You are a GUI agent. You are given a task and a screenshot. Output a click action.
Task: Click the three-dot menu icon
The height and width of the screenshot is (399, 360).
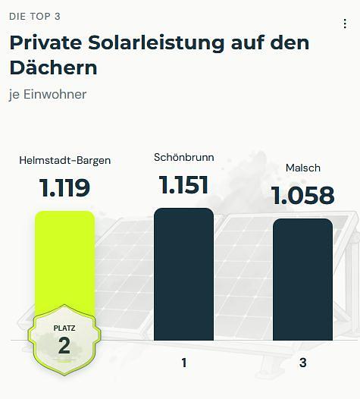pos(345,24)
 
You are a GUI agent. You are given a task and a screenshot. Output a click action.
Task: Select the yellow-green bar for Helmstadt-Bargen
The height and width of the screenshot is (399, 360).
pos(65,262)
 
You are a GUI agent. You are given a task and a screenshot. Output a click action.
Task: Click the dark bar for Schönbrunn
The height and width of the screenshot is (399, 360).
pos(183,274)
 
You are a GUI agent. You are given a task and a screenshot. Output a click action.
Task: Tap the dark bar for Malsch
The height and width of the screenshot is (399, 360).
pos(302,279)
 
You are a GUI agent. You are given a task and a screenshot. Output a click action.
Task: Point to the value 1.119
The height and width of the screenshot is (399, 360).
pos(64,188)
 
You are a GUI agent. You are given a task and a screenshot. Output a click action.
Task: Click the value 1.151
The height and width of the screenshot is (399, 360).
pos(183,185)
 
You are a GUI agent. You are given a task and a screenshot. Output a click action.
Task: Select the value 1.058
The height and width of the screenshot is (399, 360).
pos(302,195)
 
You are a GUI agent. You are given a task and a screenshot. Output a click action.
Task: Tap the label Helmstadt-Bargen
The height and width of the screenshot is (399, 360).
pos(65,161)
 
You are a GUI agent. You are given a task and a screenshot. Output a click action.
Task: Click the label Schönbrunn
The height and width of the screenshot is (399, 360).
pos(184,157)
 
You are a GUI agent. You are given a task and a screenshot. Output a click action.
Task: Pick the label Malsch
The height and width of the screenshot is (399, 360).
pos(303,168)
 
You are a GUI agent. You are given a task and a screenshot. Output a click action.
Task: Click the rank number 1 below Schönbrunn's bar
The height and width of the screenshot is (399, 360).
pos(184,363)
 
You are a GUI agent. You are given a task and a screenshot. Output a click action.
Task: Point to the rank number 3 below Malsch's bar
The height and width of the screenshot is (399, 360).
pos(303,363)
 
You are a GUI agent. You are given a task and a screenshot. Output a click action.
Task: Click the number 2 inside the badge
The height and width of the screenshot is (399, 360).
pos(64,345)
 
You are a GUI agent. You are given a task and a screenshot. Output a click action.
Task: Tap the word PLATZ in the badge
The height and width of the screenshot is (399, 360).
pos(64,328)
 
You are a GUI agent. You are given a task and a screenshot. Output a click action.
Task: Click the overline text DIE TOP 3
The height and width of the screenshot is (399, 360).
pos(35,17)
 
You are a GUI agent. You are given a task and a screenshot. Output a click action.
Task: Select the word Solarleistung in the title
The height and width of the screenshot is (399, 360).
pos(156,42)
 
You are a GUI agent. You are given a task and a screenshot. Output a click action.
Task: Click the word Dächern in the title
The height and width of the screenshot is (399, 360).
pos(53,68)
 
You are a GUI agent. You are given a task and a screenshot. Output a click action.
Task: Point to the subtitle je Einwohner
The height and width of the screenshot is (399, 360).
pos(48,95)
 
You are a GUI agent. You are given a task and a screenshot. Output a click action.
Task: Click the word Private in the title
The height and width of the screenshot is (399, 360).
pos(45,42)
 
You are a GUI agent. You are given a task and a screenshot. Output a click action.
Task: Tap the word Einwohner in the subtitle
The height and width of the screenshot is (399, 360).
pos(55,94)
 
